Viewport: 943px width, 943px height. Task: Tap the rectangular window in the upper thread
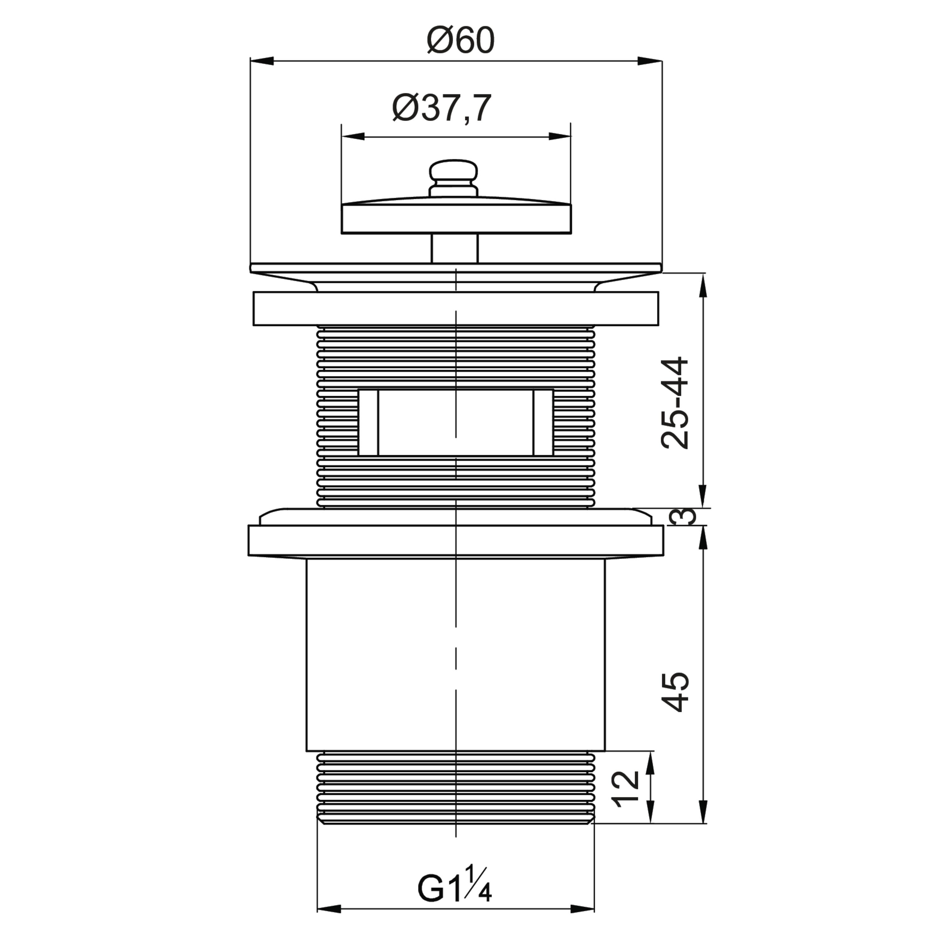pos(456,423)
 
